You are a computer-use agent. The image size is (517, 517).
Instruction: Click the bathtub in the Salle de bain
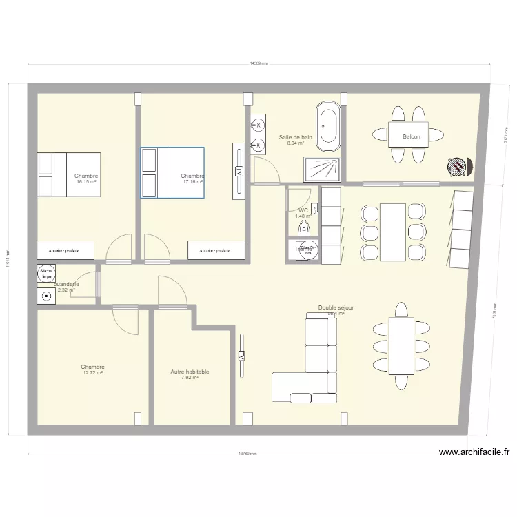pos(327,125)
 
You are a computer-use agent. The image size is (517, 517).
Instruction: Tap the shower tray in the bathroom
pos(321,168)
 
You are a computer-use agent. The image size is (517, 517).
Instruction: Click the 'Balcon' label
pos(412,136)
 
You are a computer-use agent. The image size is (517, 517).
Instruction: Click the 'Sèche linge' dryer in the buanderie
pos(47,274)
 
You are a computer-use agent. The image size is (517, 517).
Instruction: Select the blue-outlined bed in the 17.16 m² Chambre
pos(172,172)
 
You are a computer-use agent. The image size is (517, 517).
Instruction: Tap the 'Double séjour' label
pos(336,308)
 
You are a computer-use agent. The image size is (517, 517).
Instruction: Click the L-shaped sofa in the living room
pos(310,372)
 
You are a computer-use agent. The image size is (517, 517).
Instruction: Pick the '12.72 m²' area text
pos(92,373)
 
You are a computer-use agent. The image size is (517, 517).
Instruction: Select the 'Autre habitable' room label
pos(190,372)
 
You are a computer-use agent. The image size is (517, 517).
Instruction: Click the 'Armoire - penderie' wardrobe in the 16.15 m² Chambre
pos(65,250)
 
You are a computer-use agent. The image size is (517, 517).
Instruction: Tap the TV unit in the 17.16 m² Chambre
pos(239,170)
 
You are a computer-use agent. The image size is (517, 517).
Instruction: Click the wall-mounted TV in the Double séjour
pos(242,356)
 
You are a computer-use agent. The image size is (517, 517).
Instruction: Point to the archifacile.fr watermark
pos(475,453)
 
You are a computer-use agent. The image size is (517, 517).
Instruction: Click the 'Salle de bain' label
pos(295,138)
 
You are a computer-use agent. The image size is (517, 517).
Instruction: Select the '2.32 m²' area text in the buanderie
pos(66,290)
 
